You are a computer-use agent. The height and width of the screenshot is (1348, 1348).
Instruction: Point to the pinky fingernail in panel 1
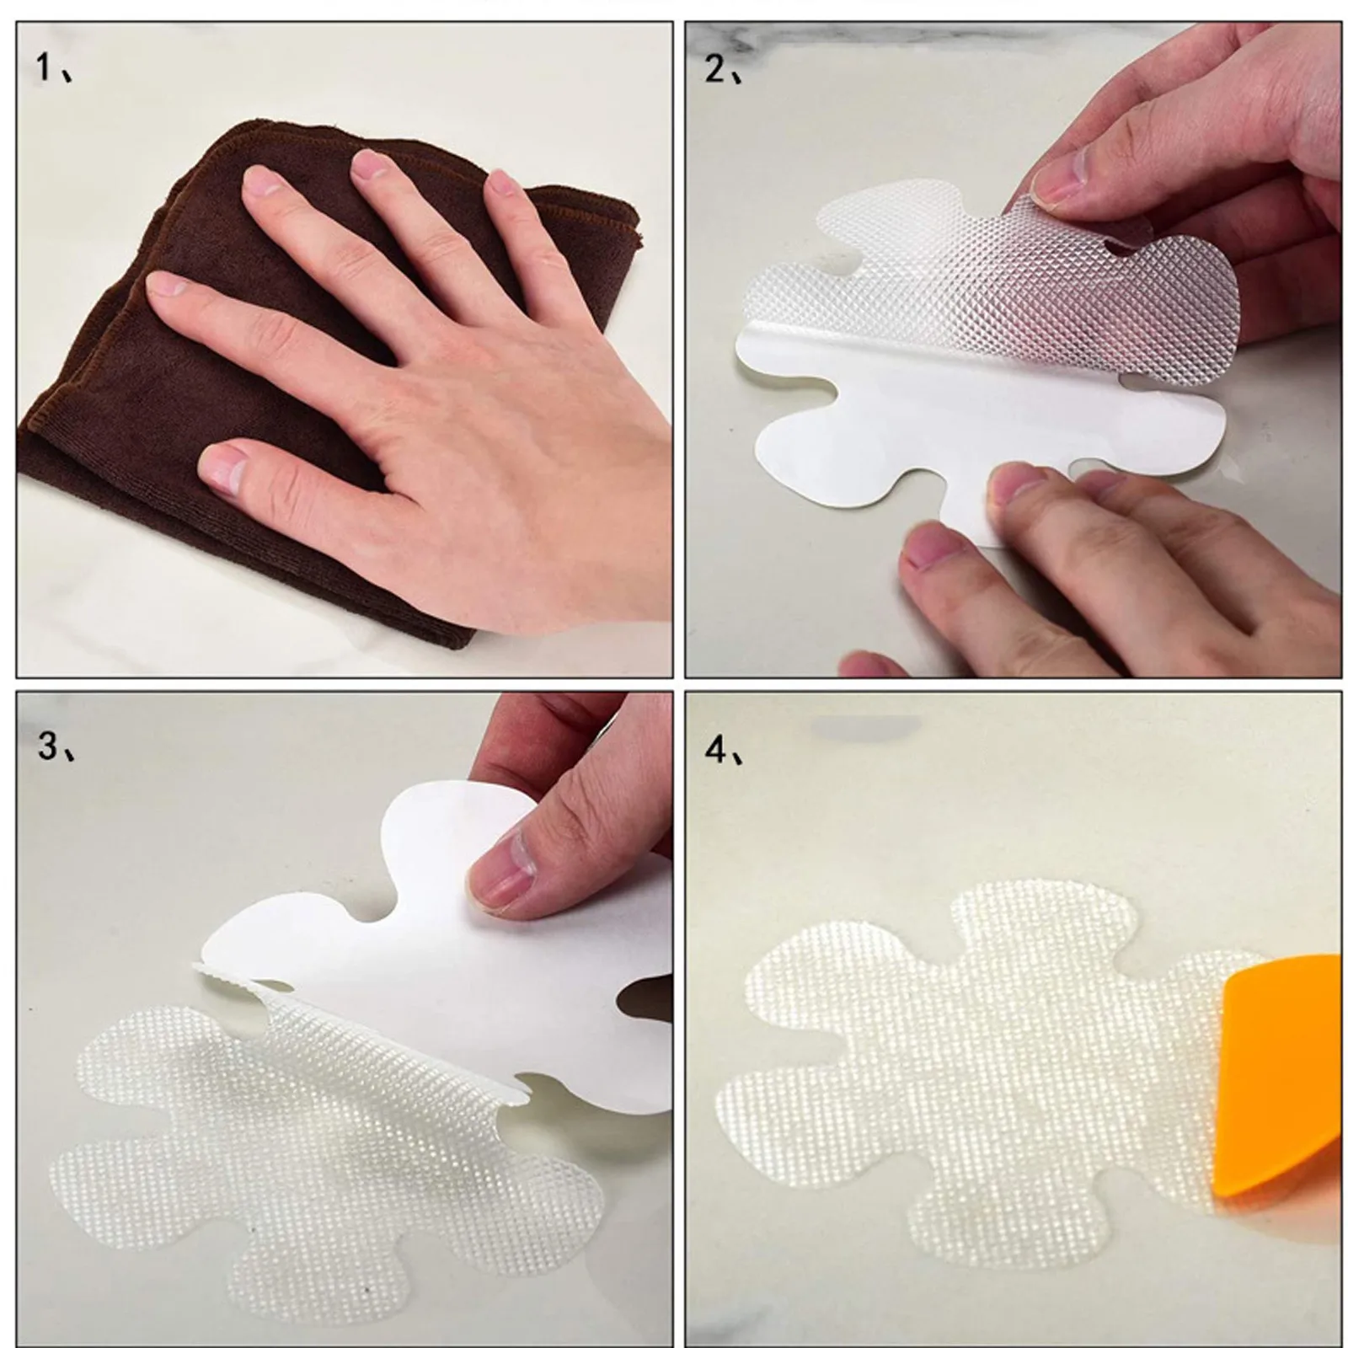tap(503, 185)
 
